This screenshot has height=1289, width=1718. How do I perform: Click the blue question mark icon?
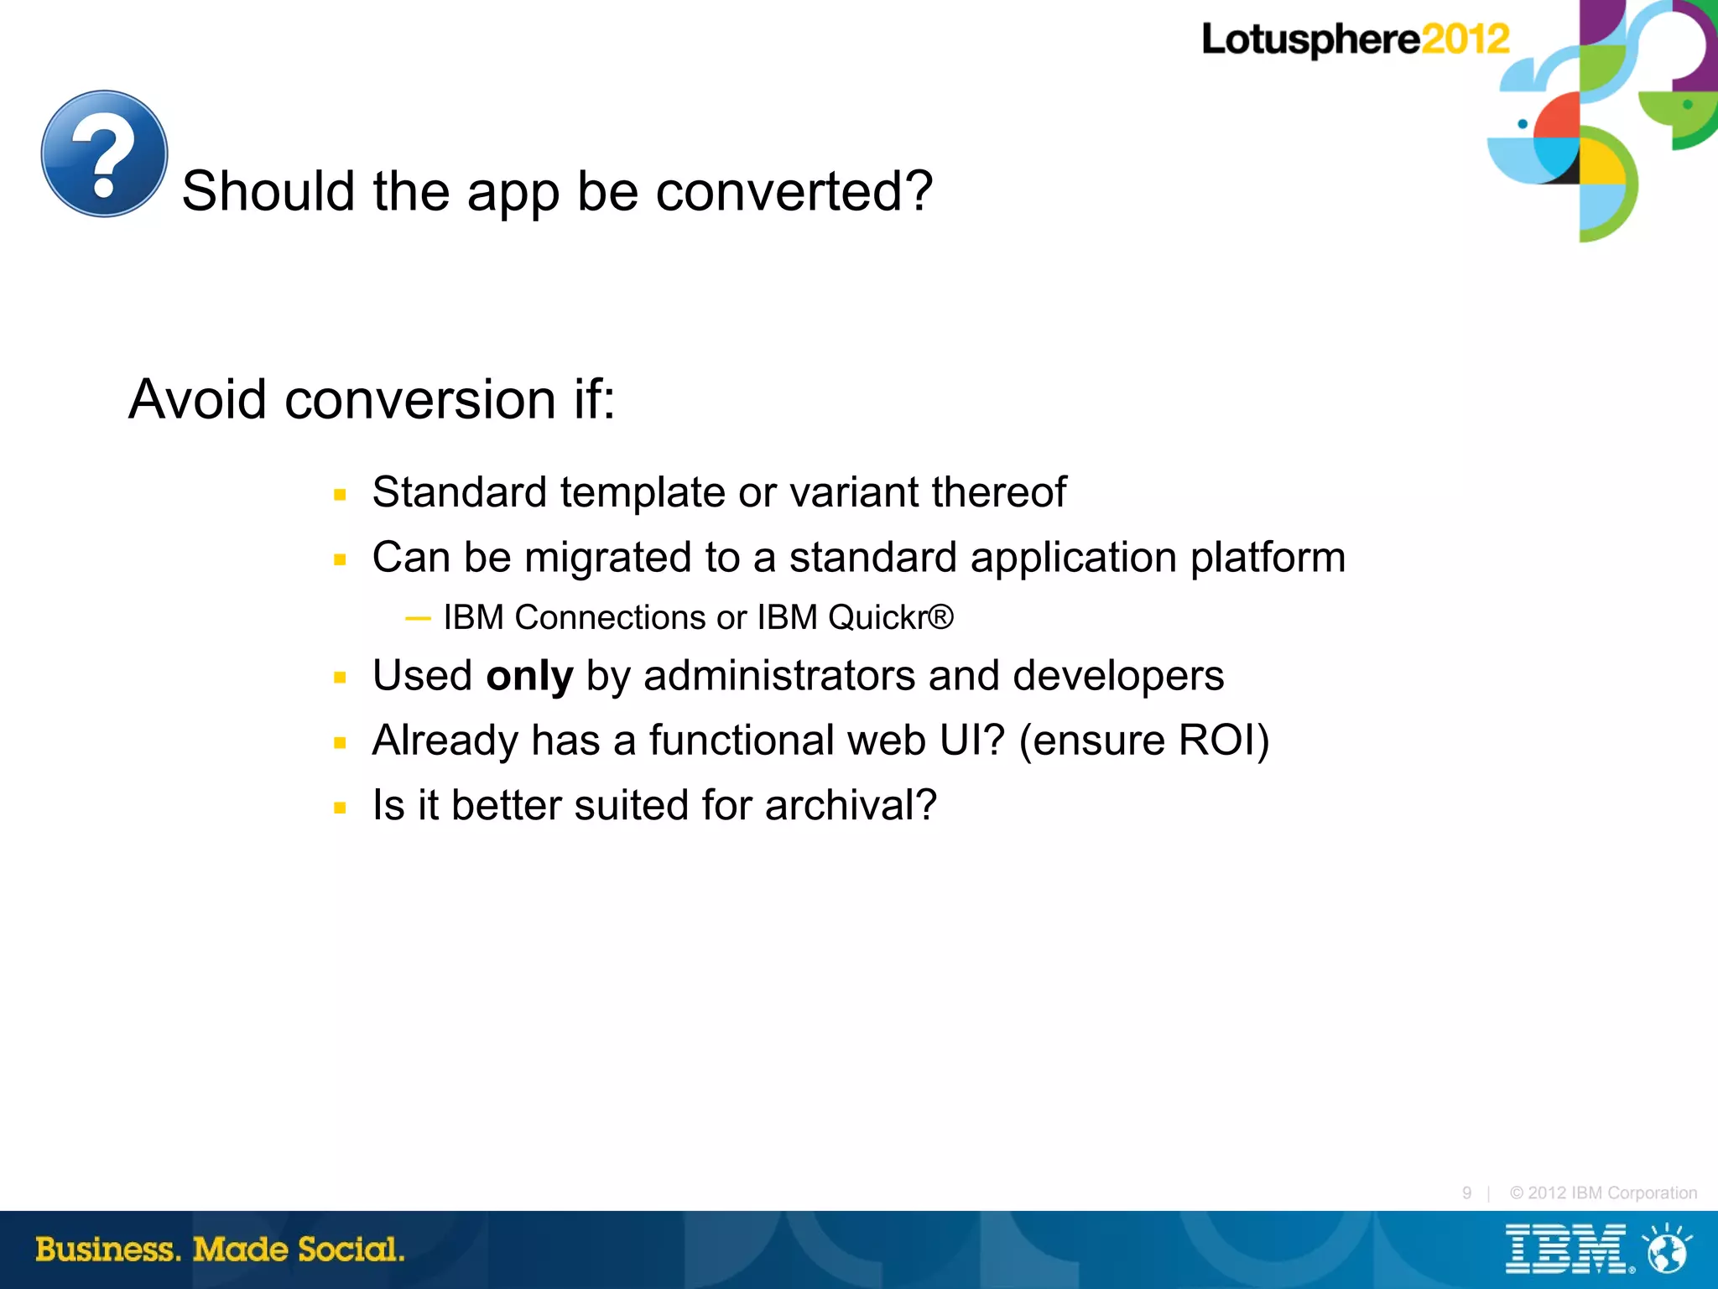[104, 153]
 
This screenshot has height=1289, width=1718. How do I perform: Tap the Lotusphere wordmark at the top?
[1310, 39]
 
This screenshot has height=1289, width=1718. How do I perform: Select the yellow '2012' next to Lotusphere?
[1465, 39]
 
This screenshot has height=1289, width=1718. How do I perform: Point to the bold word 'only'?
[529, 676]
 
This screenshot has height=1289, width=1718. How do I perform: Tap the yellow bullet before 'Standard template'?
[340, 495]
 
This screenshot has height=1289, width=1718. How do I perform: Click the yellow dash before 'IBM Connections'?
[418, 619]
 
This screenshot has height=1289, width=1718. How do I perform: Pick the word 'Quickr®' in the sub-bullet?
[891, 617]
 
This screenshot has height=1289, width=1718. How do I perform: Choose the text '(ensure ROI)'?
[1143, 741]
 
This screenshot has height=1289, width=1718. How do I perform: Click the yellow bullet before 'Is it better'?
[340, 808]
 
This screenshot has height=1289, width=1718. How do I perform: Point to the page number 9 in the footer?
[1466, 1193]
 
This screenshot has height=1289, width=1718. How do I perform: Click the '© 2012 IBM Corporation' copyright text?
[1603, 1193]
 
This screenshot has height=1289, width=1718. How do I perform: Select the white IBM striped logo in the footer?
[1565, 1250]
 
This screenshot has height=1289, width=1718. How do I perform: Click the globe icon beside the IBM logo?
[1667, 1250]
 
